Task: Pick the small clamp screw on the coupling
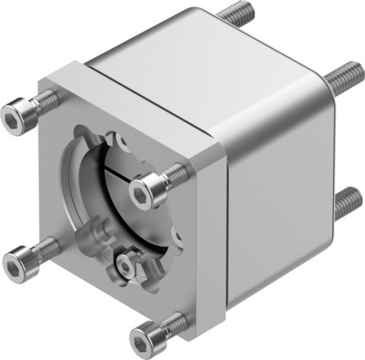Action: coord(126,262)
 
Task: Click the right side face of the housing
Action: coord(280,184)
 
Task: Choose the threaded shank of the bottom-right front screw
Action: coord(174,322)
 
